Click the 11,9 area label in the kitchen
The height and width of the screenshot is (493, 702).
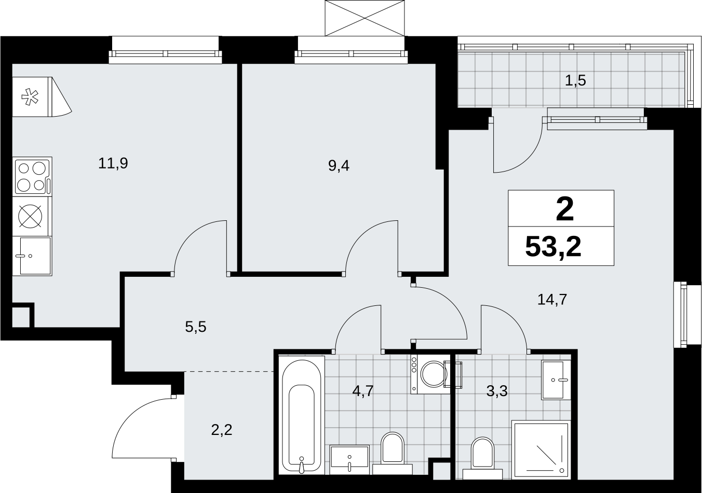(113, 164)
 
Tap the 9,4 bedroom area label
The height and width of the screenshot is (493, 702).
(339, 165)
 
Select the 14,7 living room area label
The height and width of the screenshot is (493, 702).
(552, 300)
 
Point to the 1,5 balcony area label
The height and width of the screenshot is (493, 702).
(575, 81)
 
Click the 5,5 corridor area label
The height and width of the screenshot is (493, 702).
(196, 327)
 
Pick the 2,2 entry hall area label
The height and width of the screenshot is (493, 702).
(222, 430)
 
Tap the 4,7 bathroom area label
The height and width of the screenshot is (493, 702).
(363, 391)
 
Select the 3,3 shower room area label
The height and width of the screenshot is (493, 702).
(497, 391)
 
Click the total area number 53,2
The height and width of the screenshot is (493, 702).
(553, 247)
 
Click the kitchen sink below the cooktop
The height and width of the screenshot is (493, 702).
(33, 256)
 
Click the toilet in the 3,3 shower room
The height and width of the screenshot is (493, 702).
(482, 458)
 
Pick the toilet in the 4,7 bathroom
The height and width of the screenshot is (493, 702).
(393, 453)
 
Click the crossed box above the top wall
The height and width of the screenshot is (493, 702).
(365, 18)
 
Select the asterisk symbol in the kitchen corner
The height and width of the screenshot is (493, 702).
(30, 97)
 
